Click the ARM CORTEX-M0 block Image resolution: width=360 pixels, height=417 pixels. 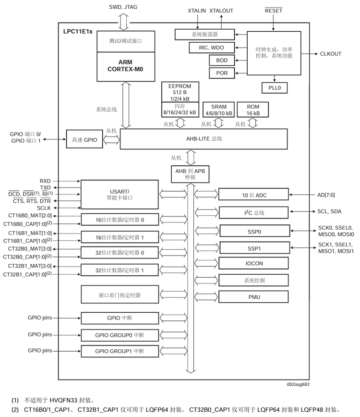(124, 66)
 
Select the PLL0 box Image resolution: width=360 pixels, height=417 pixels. (275, 88)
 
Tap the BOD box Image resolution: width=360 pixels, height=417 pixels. (222, 61)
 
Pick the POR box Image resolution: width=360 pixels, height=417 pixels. (222, 74)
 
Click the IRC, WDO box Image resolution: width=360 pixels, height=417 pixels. (211, 48)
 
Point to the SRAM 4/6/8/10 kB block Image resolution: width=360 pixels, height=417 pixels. (219, 110)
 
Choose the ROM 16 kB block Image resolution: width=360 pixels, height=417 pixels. (252, 110)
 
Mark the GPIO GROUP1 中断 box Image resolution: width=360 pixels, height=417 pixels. (120, 351)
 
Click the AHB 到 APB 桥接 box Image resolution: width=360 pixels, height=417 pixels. (191, 174)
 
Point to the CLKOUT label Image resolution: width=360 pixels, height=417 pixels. (330, 54)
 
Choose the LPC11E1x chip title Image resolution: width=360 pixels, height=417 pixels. (78, 31)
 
